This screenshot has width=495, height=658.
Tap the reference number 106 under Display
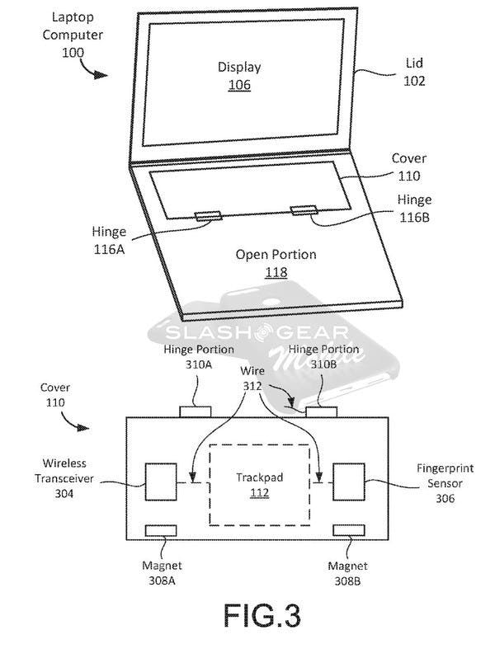[x=240, y=84]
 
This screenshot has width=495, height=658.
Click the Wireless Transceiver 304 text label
[x=65, y=479]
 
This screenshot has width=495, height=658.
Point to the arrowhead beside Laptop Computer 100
[x=99, y=74]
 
